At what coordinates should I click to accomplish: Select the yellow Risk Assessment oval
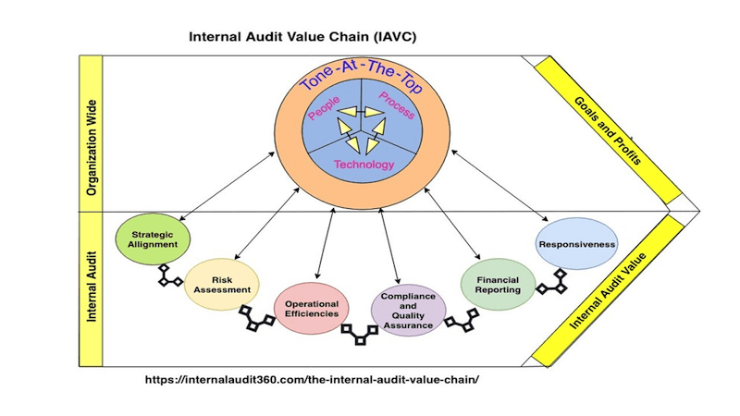pyautogui.click(x=222, y=284)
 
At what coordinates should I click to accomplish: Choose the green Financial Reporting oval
pyautogui.click(x=498, y=283)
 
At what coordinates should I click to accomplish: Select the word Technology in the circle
pyautogui.click(x=364, y=165)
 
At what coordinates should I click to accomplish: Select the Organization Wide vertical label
pyautogui.click(x=91, y=131)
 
